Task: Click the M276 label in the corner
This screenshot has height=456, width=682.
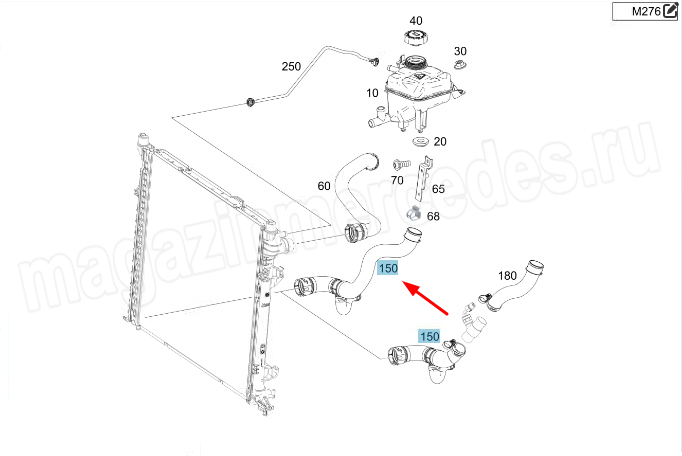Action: (645, 11)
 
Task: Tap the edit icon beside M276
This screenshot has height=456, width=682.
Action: (669, 10)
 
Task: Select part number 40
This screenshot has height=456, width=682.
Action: (416, 20)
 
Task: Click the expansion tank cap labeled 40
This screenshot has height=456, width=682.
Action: (416, 38)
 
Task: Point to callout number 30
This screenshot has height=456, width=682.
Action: (460, 51)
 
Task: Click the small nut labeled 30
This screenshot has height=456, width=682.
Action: (461, 66)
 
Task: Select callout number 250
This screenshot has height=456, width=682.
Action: (291, 66)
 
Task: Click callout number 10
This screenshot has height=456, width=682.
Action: (372, 93)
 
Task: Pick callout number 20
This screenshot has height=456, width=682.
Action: (440, 141)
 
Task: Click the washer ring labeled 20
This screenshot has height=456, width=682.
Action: (420, 142)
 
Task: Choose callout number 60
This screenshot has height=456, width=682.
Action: (324, 186)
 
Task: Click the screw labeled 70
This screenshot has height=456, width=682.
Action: (401, 164)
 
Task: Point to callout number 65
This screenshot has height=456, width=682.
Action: (438, 189)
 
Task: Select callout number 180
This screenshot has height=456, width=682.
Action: (507, 276)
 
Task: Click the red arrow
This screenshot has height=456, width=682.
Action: (425, 298)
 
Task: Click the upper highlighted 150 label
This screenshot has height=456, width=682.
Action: (388, 268)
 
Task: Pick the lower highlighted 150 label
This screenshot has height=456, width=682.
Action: (429, 336)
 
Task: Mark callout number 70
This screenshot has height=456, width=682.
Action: (397, 180)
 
